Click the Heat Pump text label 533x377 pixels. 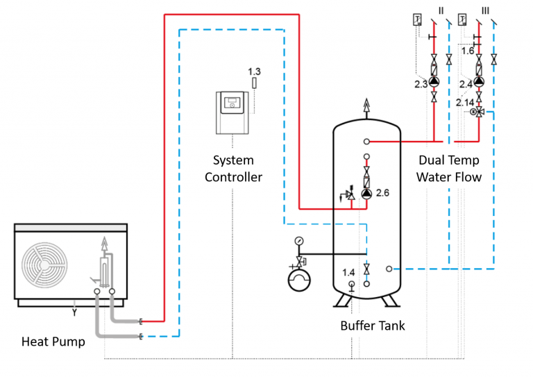click(53, 341)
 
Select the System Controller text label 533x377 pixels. click(233, 169)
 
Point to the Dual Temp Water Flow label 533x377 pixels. click(448, 169)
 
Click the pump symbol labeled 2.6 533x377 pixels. click(366, 194)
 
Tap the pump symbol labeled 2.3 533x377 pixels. click(434, 82)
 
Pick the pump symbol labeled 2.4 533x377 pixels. click(479, 82)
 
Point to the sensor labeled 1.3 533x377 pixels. click(254, 83)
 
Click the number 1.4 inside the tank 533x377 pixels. click(348, 271)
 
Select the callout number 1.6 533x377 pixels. click(467, 50)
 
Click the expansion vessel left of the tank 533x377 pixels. click(299, 280)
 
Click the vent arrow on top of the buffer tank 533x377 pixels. click(366, 107)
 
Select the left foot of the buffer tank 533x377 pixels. click(341, 300)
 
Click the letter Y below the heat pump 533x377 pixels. click(73, 312)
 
